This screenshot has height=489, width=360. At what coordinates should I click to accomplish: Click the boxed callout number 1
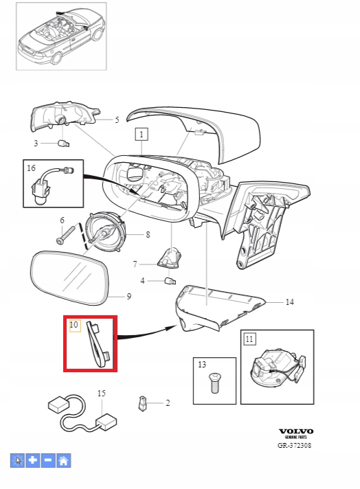(x=141, y=135)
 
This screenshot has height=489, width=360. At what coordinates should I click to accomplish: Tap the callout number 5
(x=117, y=120)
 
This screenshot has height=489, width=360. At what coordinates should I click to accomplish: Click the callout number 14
(x=289, y=302)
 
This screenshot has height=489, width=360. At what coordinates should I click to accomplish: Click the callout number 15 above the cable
(x=101, y=393)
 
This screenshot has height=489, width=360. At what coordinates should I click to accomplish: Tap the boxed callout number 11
(x=249, y=339)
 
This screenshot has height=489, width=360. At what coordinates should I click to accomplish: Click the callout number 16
(x=32, y=168)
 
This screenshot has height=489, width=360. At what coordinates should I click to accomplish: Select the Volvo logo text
(x=294, y=431)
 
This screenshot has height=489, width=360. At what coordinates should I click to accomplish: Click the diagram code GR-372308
(x=294, y=446)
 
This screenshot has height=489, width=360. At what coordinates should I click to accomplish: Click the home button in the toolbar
(x=63, y=461)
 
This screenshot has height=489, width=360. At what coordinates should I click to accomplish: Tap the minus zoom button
(x=47, y=461)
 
